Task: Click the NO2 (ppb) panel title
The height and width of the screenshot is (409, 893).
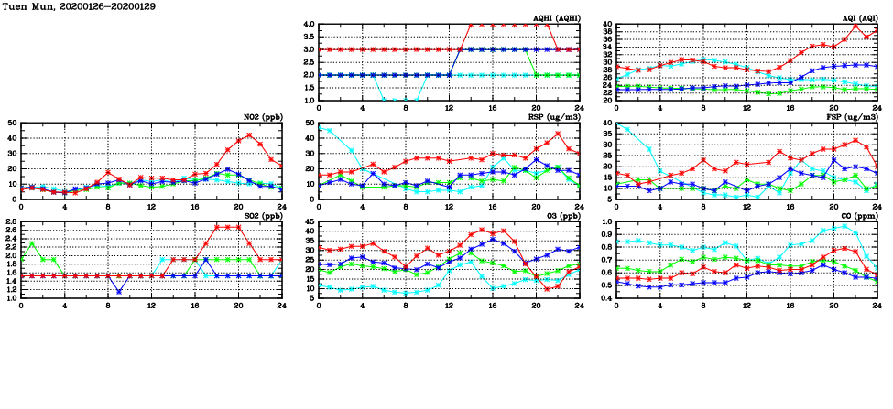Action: pyautogui.click(x=261, y=117)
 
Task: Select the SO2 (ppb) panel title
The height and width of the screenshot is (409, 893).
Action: pyautogui.click(x=261, y=216)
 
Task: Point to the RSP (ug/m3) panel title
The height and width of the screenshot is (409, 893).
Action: pyautogui.click(x=555, y=117)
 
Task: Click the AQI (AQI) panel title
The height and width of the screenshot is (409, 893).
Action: pyautogui.click(x=859, y=18)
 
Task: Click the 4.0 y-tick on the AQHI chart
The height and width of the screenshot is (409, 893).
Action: pyautogui.click(x=308, y=25)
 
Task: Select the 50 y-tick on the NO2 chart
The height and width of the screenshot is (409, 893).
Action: pyautogui.click(x=11, y=123)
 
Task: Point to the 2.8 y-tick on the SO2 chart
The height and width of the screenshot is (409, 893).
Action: pyautogui.click(x=9, y=222)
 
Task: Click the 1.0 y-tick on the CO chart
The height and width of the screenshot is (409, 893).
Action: pyautogui.click(x=605, y=222)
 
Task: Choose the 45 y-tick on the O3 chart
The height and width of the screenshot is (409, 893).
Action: pyautogui.click(x=309, y=222)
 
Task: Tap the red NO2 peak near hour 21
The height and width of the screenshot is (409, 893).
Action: pyautogui.click(x=249, y=135)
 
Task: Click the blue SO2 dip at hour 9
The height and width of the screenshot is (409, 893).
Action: pyautogui.click(x=119, y=292)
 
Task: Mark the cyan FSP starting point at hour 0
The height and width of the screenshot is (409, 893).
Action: pyautogui.click(x=616, y=124)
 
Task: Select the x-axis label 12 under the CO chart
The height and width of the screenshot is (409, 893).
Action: pyautogui.click(x=746, y=307)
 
